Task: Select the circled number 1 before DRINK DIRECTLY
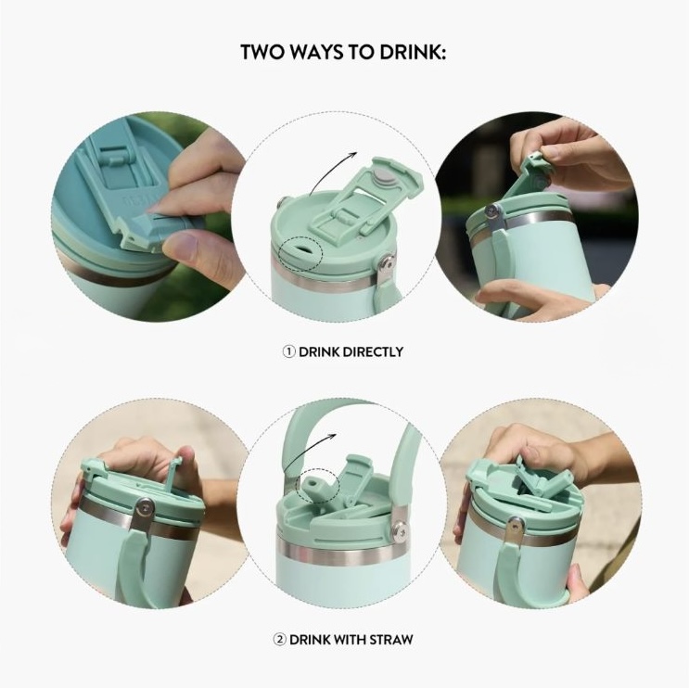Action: click(288, 352)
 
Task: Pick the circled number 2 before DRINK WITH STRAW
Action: click(279, 639)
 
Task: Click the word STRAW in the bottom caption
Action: click(391, 639)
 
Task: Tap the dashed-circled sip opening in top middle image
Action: click(302, 249)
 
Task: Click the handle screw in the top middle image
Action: click(387, 262)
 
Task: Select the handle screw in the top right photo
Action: click(491, 211)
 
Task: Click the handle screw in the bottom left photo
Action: click(143, 509)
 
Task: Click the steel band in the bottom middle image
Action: click(338, 554)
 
